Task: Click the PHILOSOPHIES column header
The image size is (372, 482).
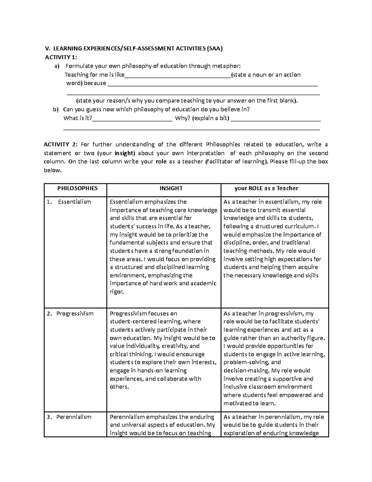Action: [x=77, y=188]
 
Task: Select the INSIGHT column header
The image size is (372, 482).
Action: [x=171, y=188]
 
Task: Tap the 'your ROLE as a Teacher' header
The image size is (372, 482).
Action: [x=266, y=188]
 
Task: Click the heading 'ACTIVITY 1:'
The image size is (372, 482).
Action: [x=61, y=57]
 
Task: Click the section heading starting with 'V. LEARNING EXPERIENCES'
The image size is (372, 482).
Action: [x=134, y=48]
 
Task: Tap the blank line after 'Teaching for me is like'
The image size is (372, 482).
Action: [x=177, y=75]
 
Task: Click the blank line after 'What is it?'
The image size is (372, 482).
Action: [x=132, y=119]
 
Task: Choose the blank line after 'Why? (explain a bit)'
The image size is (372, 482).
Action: [x=276, y=119]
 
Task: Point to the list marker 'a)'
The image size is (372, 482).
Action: [x=56, y=66]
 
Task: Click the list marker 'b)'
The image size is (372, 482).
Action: [x=56, y=110]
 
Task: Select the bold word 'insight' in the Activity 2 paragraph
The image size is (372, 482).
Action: [x=125, y=153]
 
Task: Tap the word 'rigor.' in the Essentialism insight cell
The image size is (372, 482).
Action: [x=117, y=292]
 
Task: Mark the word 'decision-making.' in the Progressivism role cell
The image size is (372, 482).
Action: [x=246, y=371]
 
